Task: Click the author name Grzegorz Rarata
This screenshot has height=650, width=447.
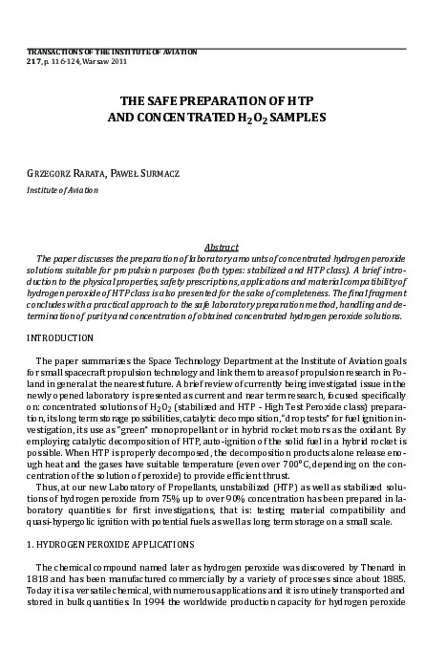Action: point(61,173)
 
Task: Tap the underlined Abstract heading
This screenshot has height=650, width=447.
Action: point(223,247)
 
